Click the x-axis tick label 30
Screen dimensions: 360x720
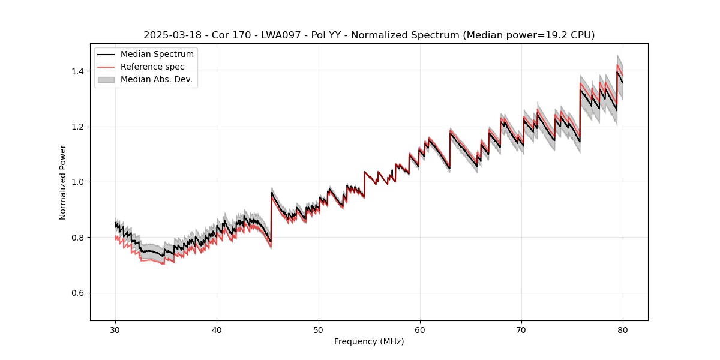115,329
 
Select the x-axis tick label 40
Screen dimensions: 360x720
217,329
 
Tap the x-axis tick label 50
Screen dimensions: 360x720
319,329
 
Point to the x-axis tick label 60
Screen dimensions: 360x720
420,329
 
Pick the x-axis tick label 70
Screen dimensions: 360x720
521,329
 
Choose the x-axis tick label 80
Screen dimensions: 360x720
623,329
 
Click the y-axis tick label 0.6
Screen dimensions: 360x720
79,293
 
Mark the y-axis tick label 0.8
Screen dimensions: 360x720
79,238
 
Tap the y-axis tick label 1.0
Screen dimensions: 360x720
79,182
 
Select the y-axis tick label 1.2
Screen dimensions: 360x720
79,127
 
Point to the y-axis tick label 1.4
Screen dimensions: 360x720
79,71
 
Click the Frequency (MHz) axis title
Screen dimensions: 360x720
369,341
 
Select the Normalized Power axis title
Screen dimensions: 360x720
63,182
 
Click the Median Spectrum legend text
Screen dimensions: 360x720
157,55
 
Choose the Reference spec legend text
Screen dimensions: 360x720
152,67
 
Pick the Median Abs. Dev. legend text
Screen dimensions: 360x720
157,80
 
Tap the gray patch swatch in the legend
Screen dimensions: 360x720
106,80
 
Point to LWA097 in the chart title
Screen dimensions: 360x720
281,35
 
